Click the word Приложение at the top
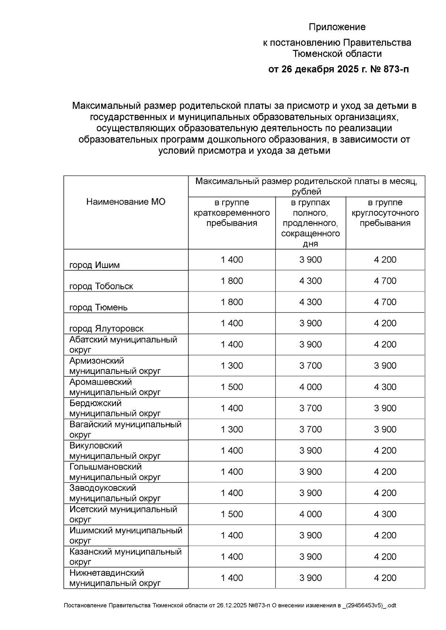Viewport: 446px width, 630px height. pos(337,27)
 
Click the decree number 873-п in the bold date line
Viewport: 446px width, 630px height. pos(394,69)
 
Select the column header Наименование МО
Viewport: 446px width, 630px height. pos(126,202)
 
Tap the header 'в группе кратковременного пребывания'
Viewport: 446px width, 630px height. pos(232,213)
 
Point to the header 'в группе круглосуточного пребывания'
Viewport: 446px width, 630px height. pos(385,213)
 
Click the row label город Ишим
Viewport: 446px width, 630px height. pos(94,265)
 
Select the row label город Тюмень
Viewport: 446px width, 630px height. pos(98,307)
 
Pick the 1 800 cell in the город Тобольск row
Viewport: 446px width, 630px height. pos(232,281)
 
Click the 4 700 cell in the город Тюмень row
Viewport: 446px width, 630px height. pos(385,302)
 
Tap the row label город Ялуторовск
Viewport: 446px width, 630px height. pos(106,329)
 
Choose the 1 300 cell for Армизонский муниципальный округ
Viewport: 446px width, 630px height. pos(232,366)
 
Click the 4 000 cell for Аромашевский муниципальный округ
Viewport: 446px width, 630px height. pos(310,387)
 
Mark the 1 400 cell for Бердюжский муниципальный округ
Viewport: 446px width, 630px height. pos(232,408)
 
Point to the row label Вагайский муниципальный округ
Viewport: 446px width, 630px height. pos(125,429)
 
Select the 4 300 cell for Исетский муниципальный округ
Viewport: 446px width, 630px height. pos(385,514)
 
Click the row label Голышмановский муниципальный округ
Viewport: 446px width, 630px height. pos(115,472)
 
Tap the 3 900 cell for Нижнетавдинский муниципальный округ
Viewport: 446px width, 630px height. pos(310,578)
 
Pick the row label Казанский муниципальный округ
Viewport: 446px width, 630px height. pos(125,556)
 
